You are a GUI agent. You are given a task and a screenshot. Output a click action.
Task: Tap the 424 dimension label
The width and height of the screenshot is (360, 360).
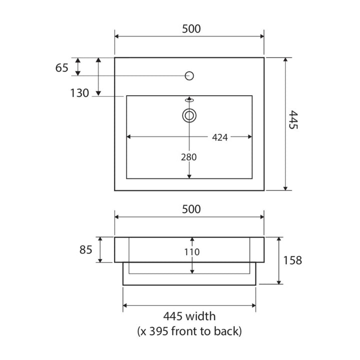219,137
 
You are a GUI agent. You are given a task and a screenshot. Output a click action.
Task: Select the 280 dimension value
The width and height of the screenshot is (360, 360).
188,157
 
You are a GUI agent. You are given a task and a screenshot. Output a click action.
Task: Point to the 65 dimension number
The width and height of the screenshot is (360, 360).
62,67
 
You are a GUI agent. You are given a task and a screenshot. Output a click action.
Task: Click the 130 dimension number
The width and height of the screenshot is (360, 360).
79,93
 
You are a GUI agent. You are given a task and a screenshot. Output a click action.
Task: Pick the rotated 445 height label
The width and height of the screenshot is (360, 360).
293,119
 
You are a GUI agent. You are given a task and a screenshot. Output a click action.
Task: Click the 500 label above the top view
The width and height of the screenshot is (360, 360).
191,28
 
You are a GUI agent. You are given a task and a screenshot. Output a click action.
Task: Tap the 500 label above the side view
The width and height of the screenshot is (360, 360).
191,209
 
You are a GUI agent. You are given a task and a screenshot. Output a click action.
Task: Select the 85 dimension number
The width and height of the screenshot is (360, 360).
86,250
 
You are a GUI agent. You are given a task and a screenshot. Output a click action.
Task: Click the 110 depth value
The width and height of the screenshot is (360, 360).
192,252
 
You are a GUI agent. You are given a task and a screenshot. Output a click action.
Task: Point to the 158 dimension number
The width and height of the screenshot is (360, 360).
292,260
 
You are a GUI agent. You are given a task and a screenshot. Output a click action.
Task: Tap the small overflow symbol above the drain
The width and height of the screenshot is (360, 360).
189,100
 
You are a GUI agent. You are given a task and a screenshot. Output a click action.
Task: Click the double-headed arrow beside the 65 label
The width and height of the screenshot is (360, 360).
78,67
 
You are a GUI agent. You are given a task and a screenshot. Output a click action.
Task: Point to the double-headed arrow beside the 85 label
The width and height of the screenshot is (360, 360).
100,250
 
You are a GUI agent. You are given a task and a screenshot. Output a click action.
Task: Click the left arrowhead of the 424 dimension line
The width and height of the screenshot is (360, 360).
128,137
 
